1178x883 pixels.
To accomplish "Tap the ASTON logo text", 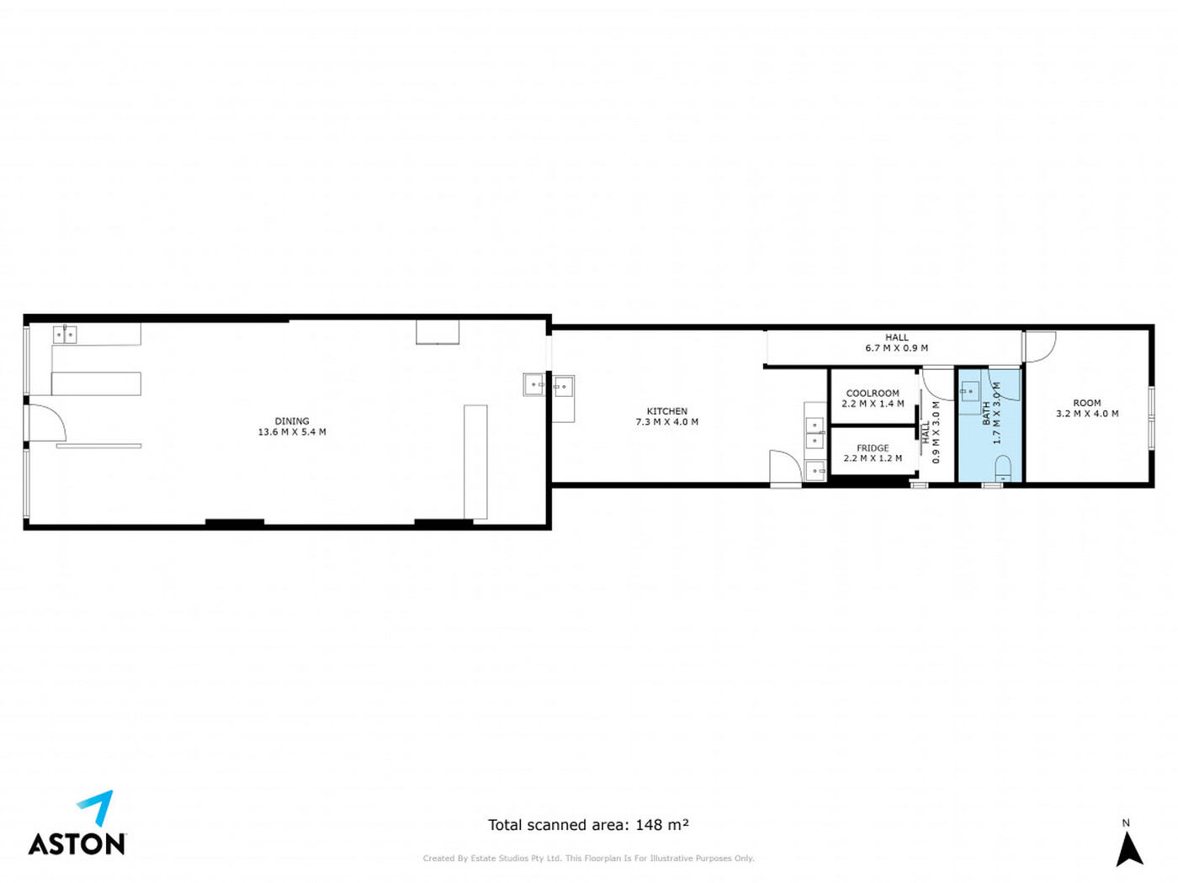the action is pyautogui.click(x=77, y=843).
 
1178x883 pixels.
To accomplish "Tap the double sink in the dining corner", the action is pyautogui.click(x=65, y=334).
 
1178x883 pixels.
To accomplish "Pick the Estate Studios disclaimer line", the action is pyautogui.click(x=588, y=859).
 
